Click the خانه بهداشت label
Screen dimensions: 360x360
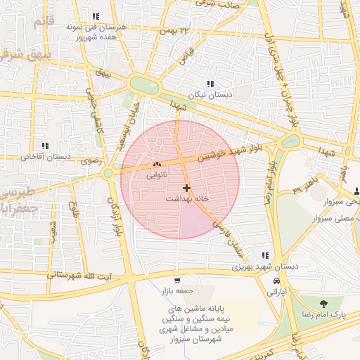tap(187, 199)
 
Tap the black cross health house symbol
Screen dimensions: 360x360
tap(186, 188)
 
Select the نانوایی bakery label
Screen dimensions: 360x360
tap(156, 176)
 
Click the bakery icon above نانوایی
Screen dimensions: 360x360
tap(156, 165)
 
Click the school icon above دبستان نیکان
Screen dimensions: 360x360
tap(210, 84)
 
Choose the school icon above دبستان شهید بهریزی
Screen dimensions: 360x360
tap(265, 256)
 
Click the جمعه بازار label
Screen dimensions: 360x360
tap(177, 291)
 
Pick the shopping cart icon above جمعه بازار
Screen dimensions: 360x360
tap(177, 281)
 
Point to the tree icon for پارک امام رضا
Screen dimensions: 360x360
tap(323, 304)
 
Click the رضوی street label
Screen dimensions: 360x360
tap(92, 161)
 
